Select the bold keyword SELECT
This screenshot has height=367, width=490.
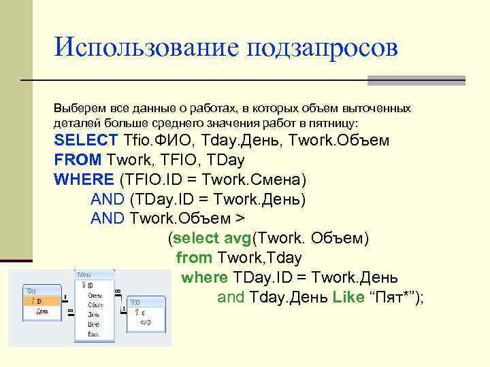coord(86,141)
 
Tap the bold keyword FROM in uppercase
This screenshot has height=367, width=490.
coord(78,160)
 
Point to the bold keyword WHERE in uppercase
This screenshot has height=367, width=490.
coord(84,179)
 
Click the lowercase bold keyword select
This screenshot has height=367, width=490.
coord(196,239)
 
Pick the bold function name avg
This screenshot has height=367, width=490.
coord(237,239)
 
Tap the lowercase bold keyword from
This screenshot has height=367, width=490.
coord(194,258)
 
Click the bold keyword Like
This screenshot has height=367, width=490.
coord(348,297)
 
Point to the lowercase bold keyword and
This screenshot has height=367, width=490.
coord(231,297)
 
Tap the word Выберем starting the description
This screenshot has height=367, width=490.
coord(76,109)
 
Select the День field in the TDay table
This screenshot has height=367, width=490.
coord(42,311)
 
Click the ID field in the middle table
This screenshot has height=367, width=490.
coord(89,285)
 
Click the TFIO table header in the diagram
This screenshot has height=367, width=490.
coord(135,301)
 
